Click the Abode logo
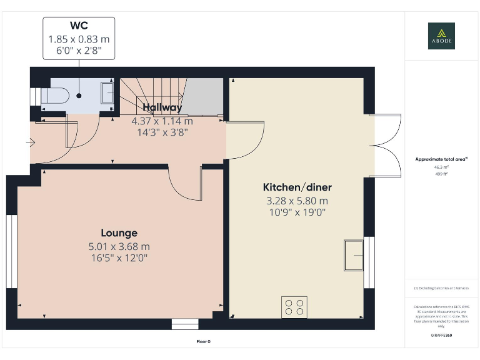click(441, 36)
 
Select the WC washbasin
click(106, 96)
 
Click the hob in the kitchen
click(294, 306)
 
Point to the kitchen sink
click(353, 255)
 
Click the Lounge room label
click(119, 233)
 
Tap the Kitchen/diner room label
click(297, 187)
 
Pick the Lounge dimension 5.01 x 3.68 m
click(119, 246)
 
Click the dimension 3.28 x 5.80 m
click(297, 201)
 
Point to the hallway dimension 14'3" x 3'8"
click(162, 132)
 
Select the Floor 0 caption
click(204, 341)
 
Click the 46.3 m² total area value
click(441, 168)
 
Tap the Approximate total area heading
click(441, 159)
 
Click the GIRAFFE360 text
click(441, 336)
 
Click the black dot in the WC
click(79, 96)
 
